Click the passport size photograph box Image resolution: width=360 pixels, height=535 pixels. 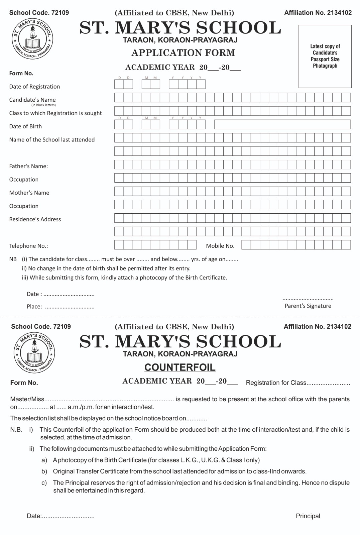coord(325,56)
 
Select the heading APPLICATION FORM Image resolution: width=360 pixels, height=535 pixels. coord(183,53)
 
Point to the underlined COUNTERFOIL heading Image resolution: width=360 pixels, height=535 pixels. coord(180,367)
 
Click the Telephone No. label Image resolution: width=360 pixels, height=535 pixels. coord(28,246)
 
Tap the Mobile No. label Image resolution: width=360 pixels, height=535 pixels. coord(220,246)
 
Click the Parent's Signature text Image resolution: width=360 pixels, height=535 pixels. coord(308,306)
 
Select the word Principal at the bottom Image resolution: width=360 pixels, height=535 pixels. coord(308,516)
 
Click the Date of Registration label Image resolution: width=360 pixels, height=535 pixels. coord(34,87)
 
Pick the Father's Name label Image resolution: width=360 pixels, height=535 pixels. coord(28,166)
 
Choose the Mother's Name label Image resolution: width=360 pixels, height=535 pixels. coord(29,193)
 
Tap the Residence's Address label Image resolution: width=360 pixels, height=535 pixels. coord(35,219)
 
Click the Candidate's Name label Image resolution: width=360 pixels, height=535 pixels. coord(32,100)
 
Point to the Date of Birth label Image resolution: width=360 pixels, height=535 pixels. coord(25,126)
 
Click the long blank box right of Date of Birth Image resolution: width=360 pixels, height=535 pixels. coord(282,124)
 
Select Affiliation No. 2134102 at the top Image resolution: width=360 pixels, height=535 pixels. coord(318,13)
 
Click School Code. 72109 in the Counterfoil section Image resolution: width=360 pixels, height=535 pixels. coord(41,327)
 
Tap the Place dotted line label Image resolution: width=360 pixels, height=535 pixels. coord(34,307)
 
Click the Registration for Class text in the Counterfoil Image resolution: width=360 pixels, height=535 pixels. coord(276,383)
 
